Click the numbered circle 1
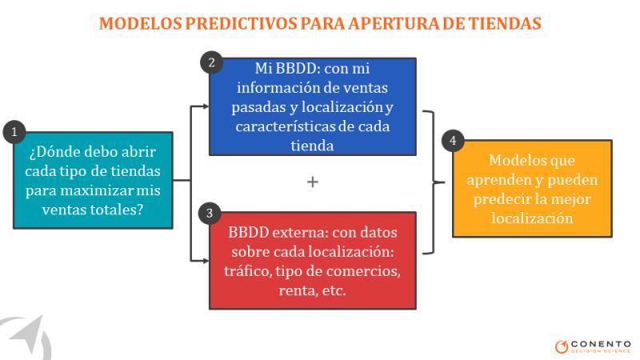14,132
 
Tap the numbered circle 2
211,62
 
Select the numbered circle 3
210,213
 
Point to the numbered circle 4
453,141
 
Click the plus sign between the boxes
313,182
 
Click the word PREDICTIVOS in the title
242,23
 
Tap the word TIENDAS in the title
505,23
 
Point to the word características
286,126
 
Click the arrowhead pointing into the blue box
206,106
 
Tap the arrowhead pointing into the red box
206,261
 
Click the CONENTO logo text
601,344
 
